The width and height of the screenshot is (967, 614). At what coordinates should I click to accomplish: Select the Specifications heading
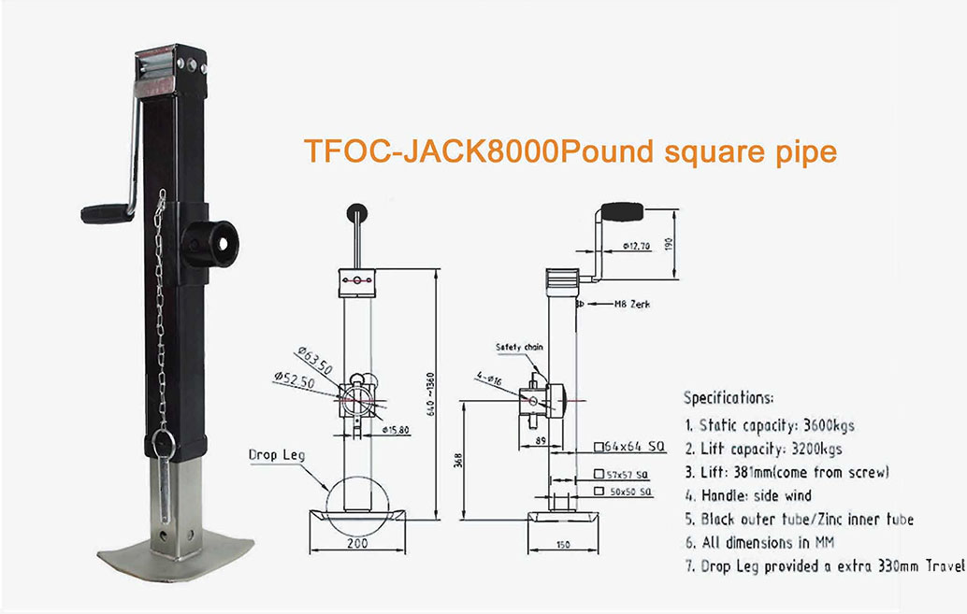(729, 396)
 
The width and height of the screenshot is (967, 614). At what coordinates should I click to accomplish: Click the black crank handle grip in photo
(105, 214)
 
